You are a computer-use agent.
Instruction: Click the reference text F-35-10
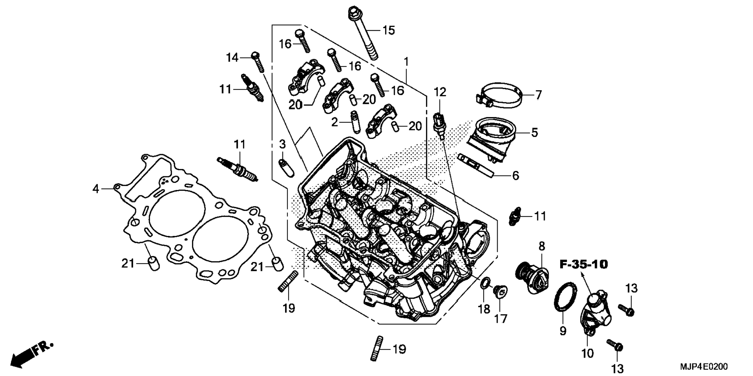[584, 264]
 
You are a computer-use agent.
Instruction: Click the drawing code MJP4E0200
[704, 367]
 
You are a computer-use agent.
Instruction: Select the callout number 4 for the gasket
[96, 189]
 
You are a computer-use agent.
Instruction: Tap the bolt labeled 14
[258, 62]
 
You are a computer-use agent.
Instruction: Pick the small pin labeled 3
[287, 167]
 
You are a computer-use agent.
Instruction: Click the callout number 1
[406, 61]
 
